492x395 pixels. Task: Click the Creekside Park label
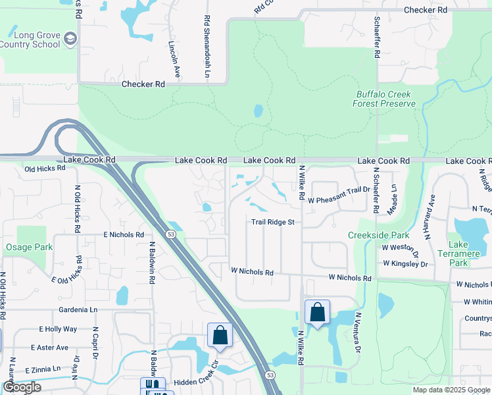pyautogui.click(x=378, y=235)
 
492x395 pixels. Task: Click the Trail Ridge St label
pyautogui.click(x=272, y=223)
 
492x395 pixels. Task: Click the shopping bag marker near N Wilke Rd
pyautogui.click(x=317, y=312)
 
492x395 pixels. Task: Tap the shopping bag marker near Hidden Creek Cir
pyautogui.click(x=220, y=335)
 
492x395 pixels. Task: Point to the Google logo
pyautogui.click(x=22, y=387)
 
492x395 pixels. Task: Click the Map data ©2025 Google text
pyautogui.click(x=451, y=390)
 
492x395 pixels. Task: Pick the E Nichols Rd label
pyautogui.click(x=124, y=234)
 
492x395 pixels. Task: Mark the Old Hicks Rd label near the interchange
pyautogui.click(x=45, y=169)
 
